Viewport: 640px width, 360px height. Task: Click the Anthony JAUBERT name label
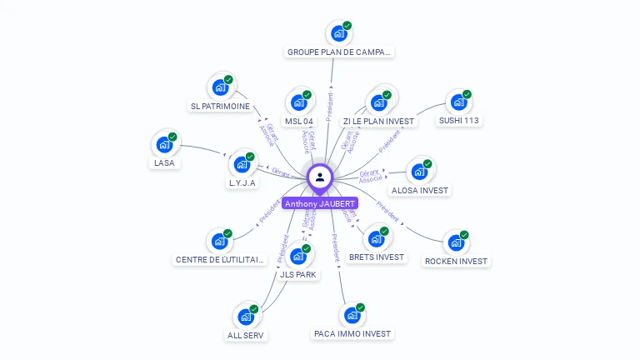tap(320, 203)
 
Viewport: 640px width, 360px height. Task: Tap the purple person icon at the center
tap(320, 177)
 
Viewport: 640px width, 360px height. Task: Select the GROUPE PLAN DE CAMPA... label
tap(338, 52)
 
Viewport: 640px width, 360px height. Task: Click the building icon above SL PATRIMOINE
tap(220, 87)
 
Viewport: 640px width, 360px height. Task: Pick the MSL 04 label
tap(298, 121)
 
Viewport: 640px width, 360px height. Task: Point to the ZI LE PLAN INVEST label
tap(378, 121)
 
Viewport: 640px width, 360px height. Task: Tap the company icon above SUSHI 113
tap(457, 102)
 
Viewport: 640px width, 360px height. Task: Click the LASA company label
tap(164, 162)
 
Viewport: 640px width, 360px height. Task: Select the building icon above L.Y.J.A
tap(242, 164)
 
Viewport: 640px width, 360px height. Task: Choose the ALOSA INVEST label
tap(420, 190)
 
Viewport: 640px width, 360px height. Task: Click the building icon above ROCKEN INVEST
tap(455, 243)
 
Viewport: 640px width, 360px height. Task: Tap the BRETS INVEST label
tap(376, 257)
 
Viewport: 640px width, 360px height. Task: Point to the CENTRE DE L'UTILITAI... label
tap(221, 259)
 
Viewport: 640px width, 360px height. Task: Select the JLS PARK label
tap(298, 274)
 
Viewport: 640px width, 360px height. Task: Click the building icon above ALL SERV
tap(246, 317)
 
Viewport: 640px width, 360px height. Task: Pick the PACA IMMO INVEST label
tap(352, 333)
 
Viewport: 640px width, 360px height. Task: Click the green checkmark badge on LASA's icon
tap(172, 137)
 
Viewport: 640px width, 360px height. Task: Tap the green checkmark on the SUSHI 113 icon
tap(467, 95)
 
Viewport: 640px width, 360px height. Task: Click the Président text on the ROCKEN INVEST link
tap(387, 210)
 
